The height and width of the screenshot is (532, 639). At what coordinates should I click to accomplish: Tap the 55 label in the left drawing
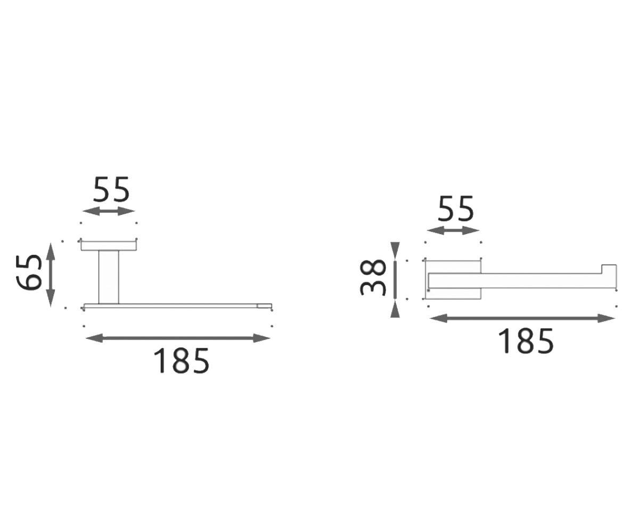click(x=111, y=189)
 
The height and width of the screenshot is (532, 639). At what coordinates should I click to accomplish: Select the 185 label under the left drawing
click(x=182, y=361)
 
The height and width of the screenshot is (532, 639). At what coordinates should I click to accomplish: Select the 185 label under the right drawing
click(x=526, y=341)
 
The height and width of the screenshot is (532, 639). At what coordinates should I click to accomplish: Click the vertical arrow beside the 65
click(x=51, y=275)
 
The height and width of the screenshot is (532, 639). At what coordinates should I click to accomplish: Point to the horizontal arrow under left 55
click(x=109, y=211)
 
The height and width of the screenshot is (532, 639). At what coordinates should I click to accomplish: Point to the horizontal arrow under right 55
click(x=453, y=230)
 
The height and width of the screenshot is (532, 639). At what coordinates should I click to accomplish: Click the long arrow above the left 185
click(x=178, y=338)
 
